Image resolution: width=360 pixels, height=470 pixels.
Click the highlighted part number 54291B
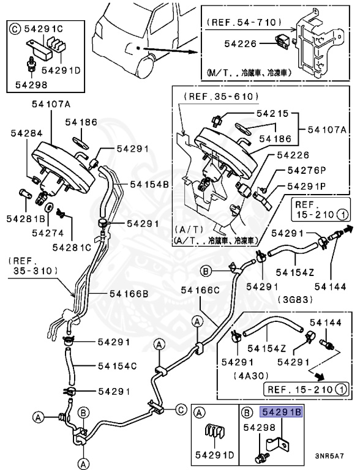click(x=282, y=412)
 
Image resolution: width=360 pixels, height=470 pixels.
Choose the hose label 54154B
click(x=149, y=184)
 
